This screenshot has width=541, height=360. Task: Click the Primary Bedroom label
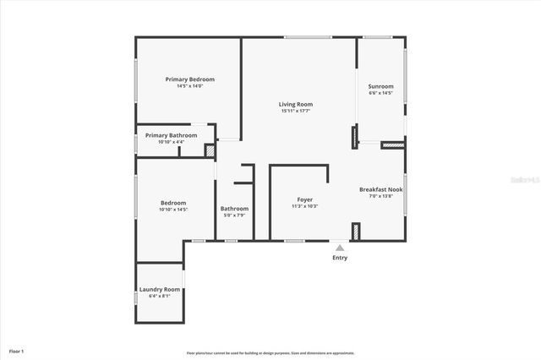tap(189, 79)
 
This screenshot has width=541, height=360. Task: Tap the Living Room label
tap(296, 104)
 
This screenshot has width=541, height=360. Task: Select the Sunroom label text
tap(380, 86)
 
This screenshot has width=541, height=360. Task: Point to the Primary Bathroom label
tap(171, 135)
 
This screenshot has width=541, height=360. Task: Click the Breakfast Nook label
tap(380, 189)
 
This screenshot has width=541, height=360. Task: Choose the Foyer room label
tap(304, 199)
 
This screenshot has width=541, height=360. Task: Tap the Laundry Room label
tap(160, 289)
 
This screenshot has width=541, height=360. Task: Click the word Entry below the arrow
tap(340, 258)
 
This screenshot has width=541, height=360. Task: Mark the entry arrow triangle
tap(340, 248)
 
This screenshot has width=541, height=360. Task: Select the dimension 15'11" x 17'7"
tap(296, 111)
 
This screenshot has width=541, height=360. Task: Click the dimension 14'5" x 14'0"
tap(189, 86)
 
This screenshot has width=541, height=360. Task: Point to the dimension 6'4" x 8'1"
tap(160, 296)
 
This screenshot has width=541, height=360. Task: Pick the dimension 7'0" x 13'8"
tap(380, 196)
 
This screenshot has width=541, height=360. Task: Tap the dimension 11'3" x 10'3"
tap(304, 206)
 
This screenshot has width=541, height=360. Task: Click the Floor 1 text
tap(16, 351)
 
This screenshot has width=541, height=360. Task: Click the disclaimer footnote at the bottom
tap(282, 353)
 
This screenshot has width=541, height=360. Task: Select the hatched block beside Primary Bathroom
tap(210, 150)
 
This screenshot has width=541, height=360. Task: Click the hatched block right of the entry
tap(356, 231)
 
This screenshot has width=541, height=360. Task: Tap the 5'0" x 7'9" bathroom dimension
tap(234, 215)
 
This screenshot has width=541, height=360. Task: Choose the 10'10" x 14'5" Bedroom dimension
tap(173, 210)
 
